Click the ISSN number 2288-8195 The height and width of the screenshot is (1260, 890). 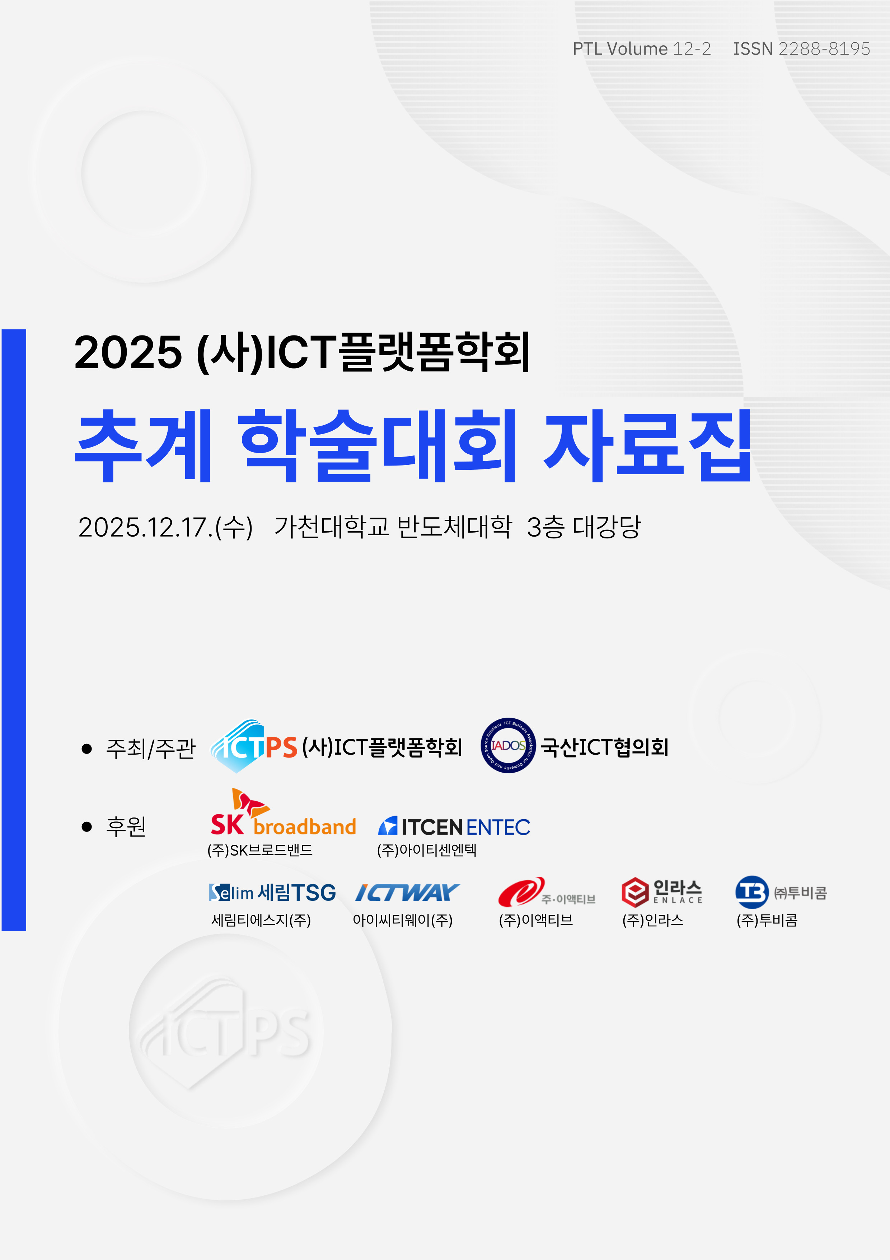[824, 49]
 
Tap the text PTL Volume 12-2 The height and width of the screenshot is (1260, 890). [642, 49]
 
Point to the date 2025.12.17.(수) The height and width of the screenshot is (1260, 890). [165, 527]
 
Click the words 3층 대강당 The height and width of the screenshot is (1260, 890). [584, 527]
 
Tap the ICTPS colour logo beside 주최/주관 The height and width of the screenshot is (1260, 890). [254, 746]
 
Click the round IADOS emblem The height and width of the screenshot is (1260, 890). [508, 745]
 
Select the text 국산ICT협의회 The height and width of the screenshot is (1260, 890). [604, 747]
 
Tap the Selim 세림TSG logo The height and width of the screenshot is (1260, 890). [272, 892]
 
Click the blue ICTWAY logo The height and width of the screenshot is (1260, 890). [407, 892]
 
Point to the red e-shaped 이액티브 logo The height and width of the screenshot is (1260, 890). [546, 892]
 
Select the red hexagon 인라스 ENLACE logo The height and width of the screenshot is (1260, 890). [662, 892]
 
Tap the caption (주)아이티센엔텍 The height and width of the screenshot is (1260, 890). [427, 850]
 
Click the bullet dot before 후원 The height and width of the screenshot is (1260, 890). [86, 826]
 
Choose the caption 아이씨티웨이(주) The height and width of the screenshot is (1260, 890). [403, 920]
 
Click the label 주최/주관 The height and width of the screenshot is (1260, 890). [150, 748]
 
